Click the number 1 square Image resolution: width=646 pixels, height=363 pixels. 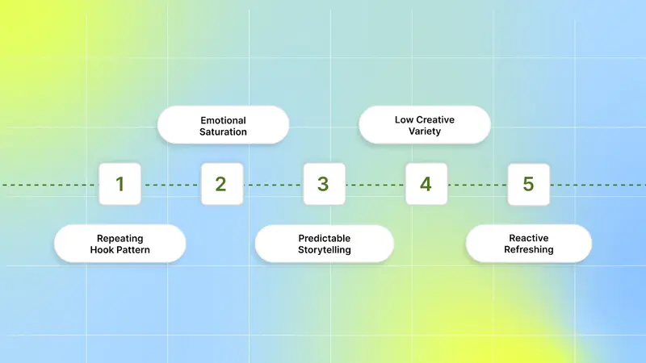(120, 184)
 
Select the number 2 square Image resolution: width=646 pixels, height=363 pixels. (222, 184)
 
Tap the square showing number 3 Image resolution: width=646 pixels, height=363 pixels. (325, 184)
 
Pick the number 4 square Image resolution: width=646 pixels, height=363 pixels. (426, 184)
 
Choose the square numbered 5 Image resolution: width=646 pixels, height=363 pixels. (529, 185)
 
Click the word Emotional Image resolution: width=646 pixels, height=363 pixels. (224, 120)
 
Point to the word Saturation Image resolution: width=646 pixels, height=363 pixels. (224, 132)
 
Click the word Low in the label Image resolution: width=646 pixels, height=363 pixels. (404, 119)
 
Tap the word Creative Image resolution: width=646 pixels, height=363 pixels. (435, 119)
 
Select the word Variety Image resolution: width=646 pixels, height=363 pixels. (425, 131)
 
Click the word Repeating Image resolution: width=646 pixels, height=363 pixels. (120, 239)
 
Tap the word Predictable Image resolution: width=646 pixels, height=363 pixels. (325, 238)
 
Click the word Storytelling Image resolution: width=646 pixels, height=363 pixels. (325, 250)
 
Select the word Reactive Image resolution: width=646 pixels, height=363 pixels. (529, 238)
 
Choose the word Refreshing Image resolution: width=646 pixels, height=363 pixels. (529, 250)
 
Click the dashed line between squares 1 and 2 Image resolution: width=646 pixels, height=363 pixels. (171, 185)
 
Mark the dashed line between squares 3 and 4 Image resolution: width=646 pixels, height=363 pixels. (375, 185)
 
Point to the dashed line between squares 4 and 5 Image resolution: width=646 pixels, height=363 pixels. (477, 185)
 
